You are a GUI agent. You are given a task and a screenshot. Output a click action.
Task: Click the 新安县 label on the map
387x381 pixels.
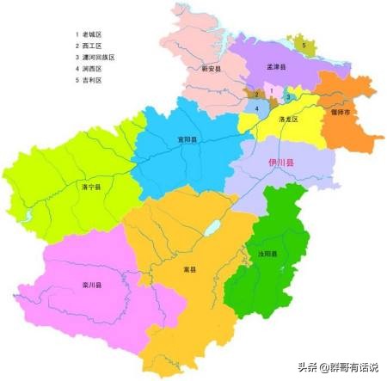[x=212, y=68]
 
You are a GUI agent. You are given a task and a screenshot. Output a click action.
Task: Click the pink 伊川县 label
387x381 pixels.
[x=281, y=162]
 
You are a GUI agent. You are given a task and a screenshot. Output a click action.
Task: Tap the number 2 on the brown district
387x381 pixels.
[x=255, y=94]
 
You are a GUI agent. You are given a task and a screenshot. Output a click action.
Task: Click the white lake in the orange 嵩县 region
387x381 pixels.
[x=212, y=229]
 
